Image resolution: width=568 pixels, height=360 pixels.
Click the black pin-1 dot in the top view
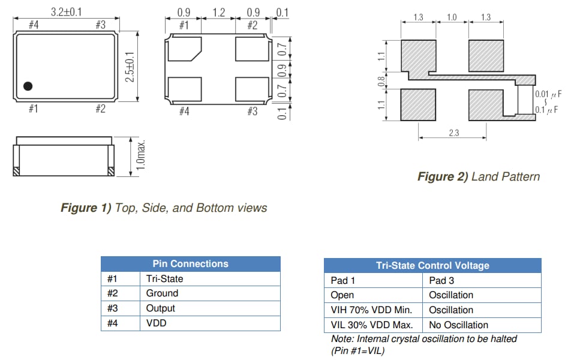pyautogui.click(x=28, y=86)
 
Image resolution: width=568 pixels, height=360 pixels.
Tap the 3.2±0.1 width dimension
pyautogui.click(x=66, y=11)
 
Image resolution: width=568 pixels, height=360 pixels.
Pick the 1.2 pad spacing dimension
pyautogui.click(x=218, y=11)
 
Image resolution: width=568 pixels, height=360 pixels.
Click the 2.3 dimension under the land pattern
pyautogui.click(x=453, y=133)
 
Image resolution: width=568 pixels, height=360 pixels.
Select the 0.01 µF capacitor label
pyautogui.click(x=549, y=94)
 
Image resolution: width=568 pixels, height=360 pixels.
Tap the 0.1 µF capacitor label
pyautogui.click(x=549, y=110)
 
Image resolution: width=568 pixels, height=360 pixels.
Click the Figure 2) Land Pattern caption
pyautogui.click(x=478, y=176)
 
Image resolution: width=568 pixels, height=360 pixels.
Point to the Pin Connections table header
pyautogui.click(x=190, y=263)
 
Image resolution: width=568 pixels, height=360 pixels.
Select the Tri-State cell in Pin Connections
pyautogui.click(x=164, y=278)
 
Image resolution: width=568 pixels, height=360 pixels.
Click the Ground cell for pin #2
pyautogui.click(x=162, y=293)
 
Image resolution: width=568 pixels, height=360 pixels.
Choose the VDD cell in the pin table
pyautogui.click(x=156, y=323)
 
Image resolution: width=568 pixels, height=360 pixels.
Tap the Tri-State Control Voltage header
pyautogui.click(x=432, y=265)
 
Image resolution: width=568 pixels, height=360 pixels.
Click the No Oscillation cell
pyautogui.click(x=458, y=325)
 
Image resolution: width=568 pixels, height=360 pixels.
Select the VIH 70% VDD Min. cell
pyautogui.click(x=371, y=310)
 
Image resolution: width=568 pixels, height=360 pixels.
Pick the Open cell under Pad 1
pyautogui.click(x=342, y=295)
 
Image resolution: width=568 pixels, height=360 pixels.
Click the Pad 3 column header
pyautogui.click(x=441, y=280)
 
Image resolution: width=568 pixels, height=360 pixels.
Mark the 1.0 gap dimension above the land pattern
pyautogui.click(x=452, y=17)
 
